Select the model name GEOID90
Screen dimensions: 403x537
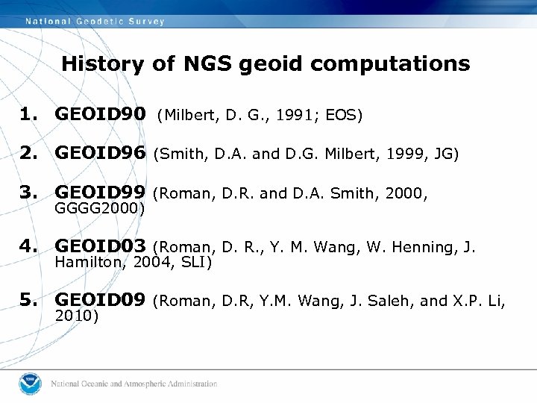coord(101,115)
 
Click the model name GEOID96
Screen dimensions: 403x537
coord(101,154)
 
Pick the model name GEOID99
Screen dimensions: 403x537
coord(101,194)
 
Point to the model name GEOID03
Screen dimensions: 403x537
coord(101,246)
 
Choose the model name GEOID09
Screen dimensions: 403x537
coord(101,300)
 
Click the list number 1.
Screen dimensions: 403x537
coord(28,115)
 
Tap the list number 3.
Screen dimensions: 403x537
coord(28,194)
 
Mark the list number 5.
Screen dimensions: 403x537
coord(28,300)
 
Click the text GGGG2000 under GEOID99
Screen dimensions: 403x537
coord(98,210)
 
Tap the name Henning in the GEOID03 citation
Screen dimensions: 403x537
coord(422,247)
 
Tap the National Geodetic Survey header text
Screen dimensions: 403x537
coord(95,21)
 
